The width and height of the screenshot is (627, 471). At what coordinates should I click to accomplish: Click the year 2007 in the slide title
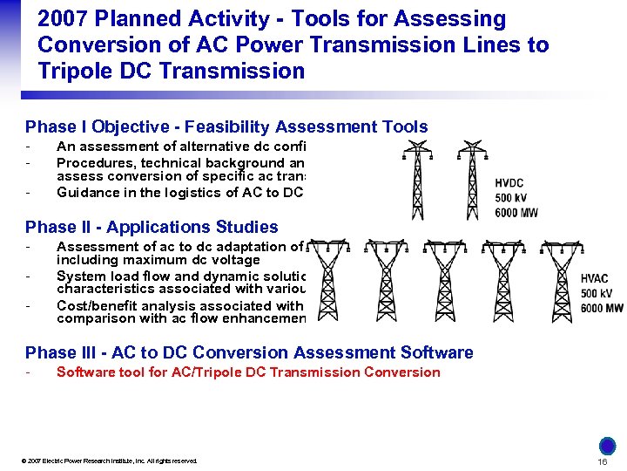pyautogui.click(x=65, y=19)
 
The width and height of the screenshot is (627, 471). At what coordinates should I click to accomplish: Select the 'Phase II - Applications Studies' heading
pyautogui.click(x=152, y=227)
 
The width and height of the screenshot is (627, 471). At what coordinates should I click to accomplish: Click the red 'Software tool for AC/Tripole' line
pyautogui.click(x=248, y=372)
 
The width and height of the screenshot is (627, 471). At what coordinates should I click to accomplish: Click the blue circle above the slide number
pyautogui.click(x=608, y=445)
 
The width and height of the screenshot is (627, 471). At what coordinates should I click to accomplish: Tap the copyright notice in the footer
pyautogui.click(x=111, y=461)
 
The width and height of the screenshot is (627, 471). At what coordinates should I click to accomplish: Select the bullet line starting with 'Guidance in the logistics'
pyautogui.click(x=179, y=192)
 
